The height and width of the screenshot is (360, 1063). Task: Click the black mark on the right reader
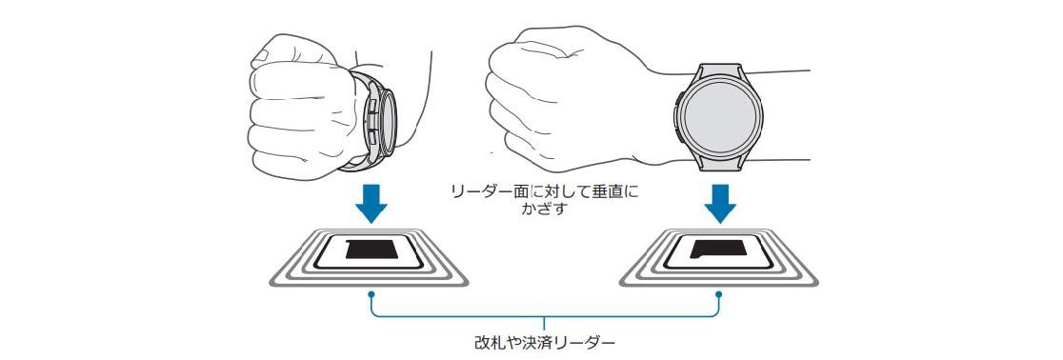[718, 249]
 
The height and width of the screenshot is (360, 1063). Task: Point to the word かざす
[543, 209]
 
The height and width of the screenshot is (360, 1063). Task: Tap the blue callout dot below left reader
[371, 294]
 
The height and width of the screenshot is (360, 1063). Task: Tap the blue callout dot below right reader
[718, 294]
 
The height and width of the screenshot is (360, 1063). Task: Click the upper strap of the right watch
[721, 70]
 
